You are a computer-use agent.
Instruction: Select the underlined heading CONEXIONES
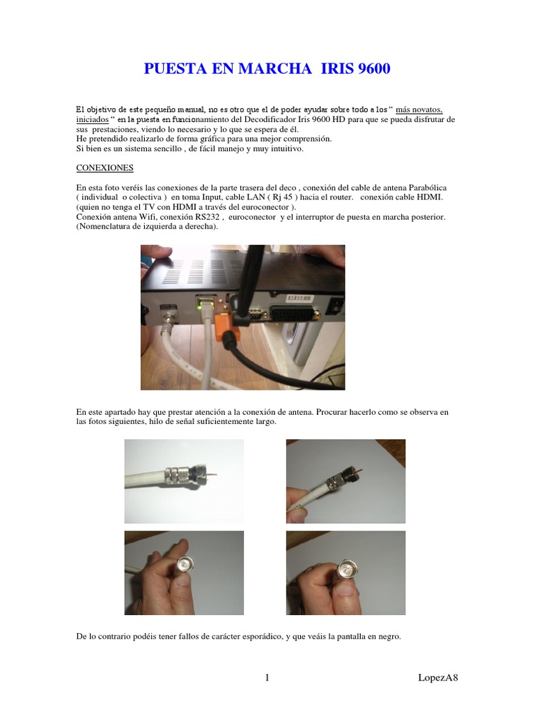(104, 168)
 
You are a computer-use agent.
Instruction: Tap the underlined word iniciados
(93, 120)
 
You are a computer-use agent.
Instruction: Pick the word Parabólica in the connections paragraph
(428, 188)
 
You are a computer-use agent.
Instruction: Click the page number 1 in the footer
(267, 678)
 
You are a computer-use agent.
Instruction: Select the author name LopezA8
(438, 678)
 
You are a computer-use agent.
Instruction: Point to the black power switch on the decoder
(335, 305)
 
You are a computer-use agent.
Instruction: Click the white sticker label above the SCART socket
(298, 298)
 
